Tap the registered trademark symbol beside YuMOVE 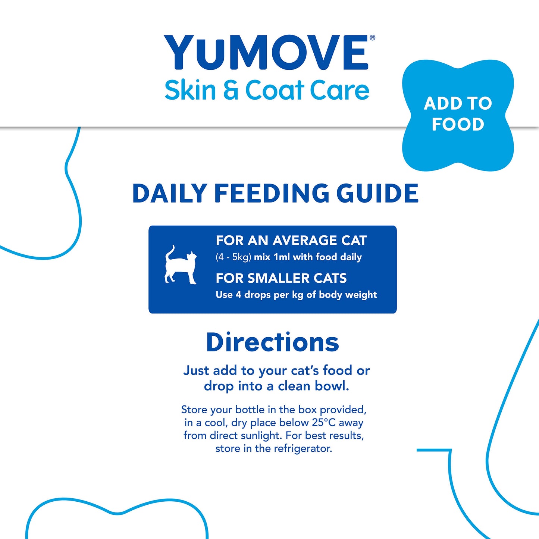tap(372, 38)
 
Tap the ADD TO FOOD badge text tap(458, 114)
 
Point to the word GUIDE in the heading tap(377, 194)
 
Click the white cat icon tap(181, 265)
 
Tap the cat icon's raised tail tap(170, 252)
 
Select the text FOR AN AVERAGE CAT tap(291, 241)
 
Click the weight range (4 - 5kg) tap(233, 257)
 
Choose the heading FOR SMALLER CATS tap(281, 278)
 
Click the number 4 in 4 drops tap(238, 295)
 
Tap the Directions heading tap(272, 342)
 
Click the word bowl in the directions tap(331, 386)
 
